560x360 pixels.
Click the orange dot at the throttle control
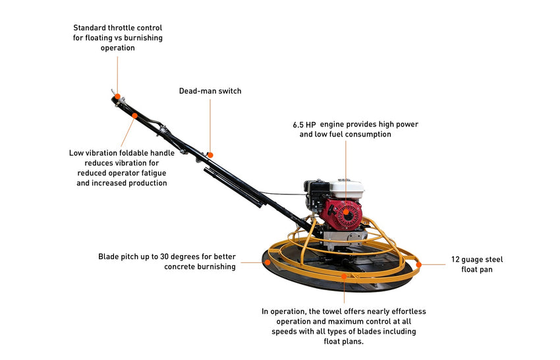117,96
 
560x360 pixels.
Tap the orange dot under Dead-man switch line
210,155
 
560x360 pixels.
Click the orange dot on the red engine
346,212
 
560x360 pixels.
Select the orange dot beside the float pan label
418,264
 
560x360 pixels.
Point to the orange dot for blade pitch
267,262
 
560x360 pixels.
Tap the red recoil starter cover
343,214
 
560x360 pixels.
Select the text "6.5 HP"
304,125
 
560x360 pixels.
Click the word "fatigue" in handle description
154,173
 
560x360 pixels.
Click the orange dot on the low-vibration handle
134,115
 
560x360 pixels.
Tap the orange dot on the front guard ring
344,276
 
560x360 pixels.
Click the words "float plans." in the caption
343,342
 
